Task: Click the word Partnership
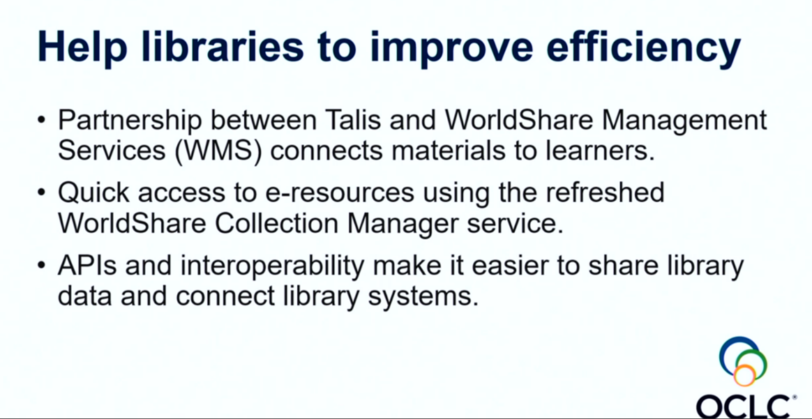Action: (x=130, y=120)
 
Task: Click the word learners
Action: (x=604, y=151)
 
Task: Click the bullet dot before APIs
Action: (x=43, y=266)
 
